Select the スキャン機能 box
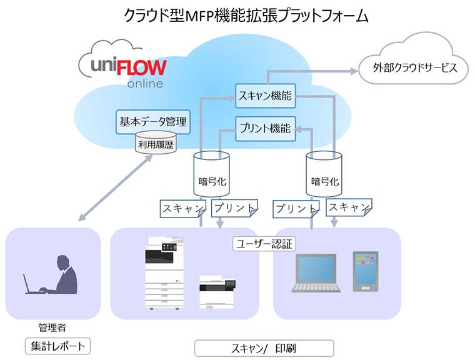coord(265,97)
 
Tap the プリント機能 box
coord(265,129)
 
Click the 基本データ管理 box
coord(153,122)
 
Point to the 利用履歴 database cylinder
coord(153,144)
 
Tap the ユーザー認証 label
coord(264,243)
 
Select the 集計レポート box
coord(57,345)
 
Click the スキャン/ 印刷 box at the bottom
coord(264,347)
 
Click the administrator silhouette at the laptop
coord(59,275)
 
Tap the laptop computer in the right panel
coord(316,273)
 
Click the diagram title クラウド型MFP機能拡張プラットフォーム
coord(237,16)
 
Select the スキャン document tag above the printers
coord(182,208)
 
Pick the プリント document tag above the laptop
coord(296,208)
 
